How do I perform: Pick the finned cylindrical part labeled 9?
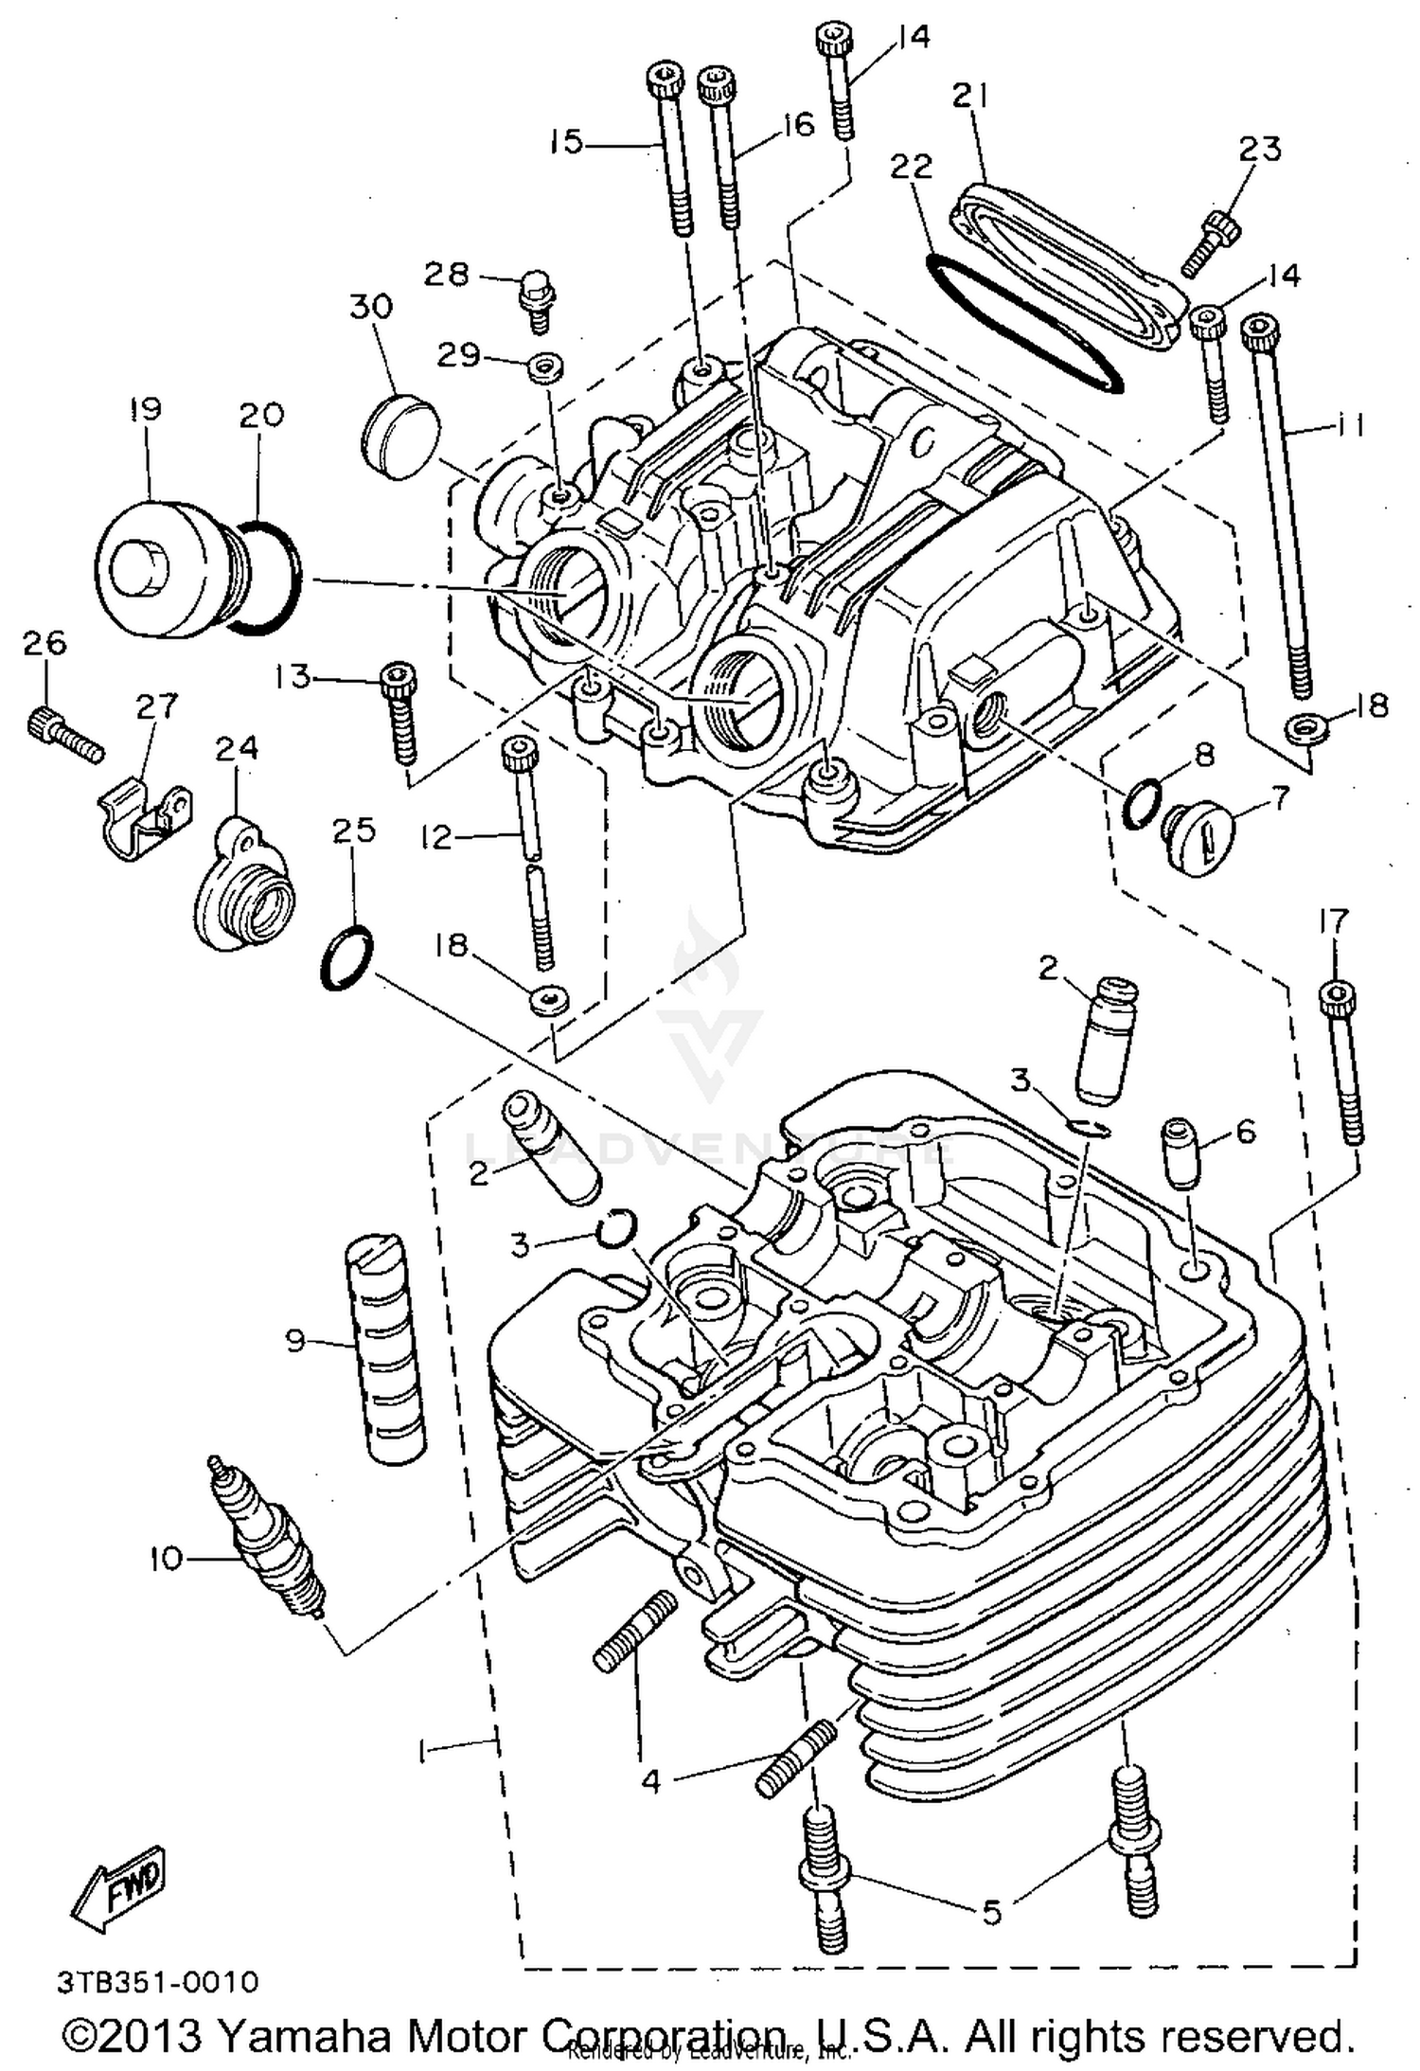tap(384, 1348)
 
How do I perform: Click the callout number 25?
tap(354, 830)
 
